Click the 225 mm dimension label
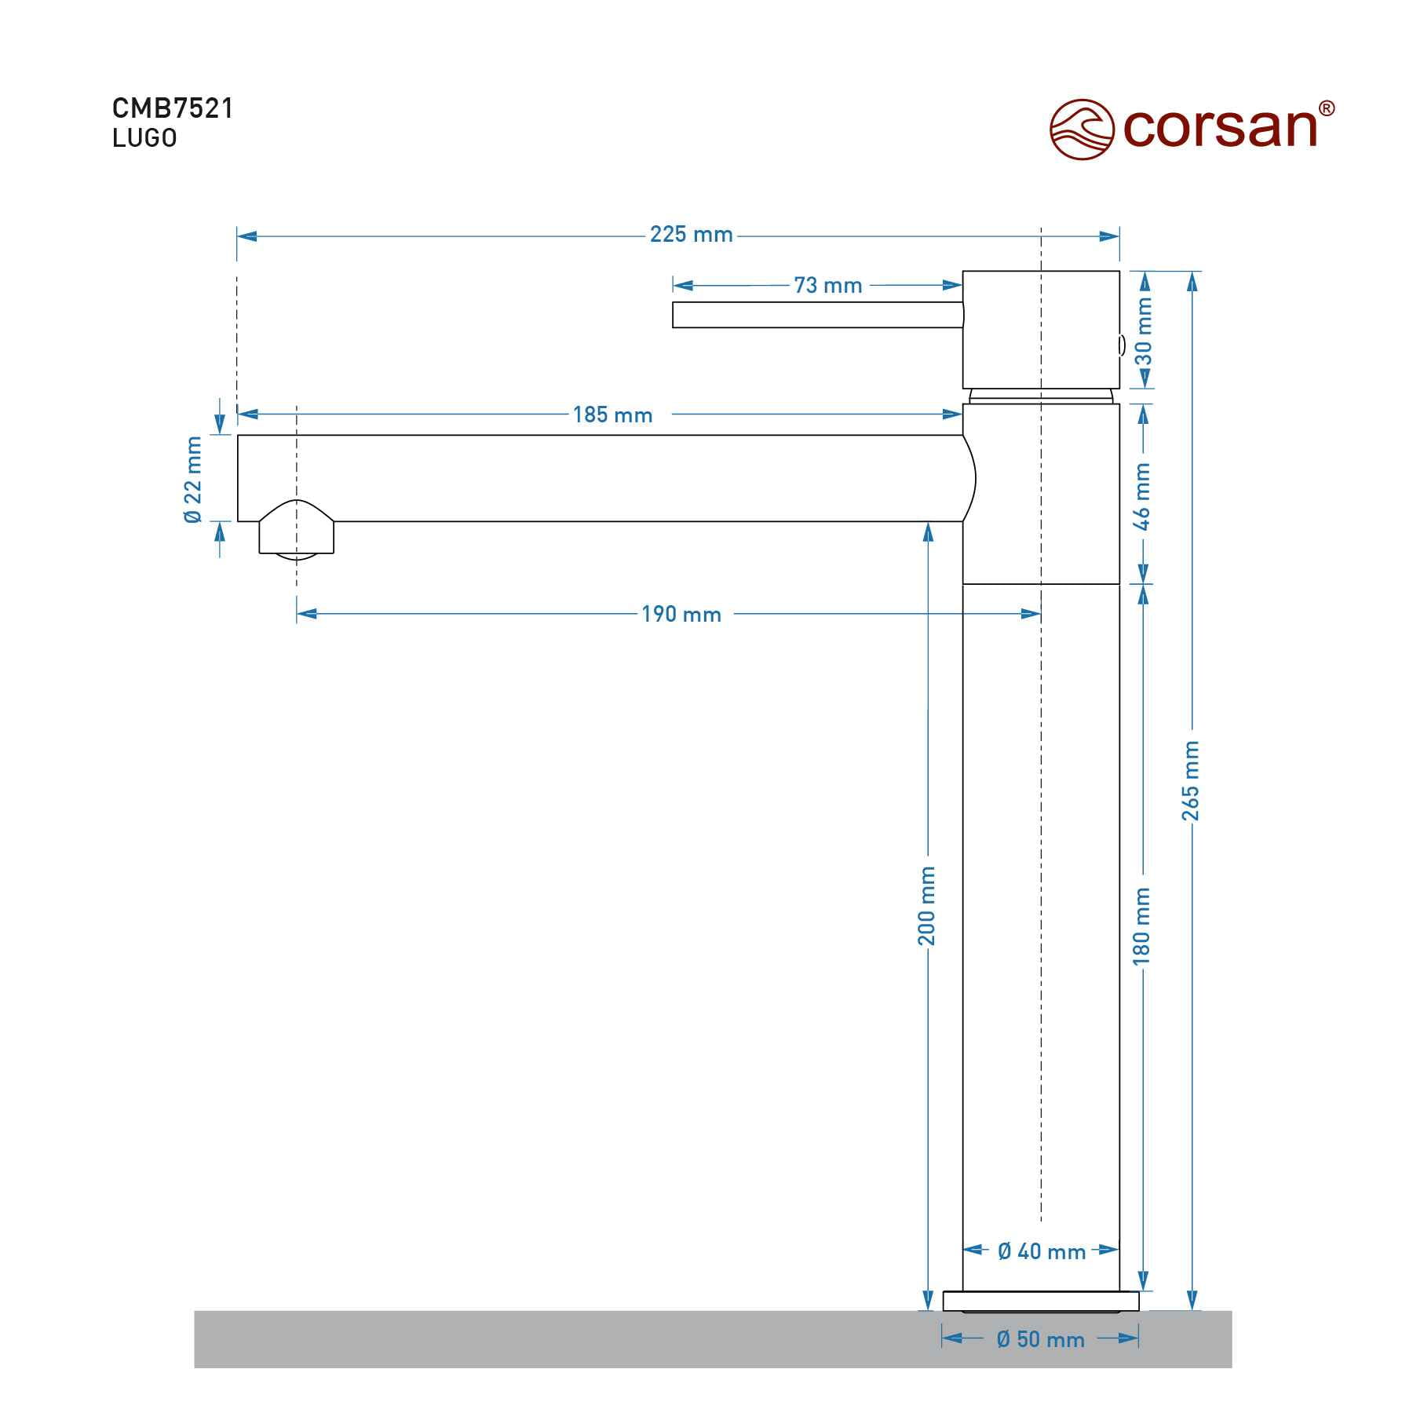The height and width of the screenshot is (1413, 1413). (x=691, y=235)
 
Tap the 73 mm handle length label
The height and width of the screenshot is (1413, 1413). (x=827, y=286)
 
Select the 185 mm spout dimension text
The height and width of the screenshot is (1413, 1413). (x=612, y=414)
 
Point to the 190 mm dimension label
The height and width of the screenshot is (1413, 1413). (x=681, y=614)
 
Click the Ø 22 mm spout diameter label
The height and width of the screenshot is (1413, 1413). (x=193, y=479)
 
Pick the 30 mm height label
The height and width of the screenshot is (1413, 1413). (x=1144, y=331)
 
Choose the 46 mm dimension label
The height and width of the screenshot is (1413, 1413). (x=1142, y=496)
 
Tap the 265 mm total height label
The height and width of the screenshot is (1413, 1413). (x=1191, y=780)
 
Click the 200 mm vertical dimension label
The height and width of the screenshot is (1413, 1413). (x=927, y=905)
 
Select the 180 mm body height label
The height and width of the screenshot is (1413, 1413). (x=1142, y=926)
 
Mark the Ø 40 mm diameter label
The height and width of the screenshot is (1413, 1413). (x=1041, y=1251)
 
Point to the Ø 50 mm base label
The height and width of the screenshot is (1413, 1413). (x=1040, y=1339)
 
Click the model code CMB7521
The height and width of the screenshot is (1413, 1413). (x=173, y=108)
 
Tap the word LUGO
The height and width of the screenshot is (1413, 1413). (x=144, y=138)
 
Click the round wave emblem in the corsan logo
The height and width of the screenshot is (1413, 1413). (x=1082, y=129)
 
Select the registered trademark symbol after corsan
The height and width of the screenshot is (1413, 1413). (x=1326, y=108)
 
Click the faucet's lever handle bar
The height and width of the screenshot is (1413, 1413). (x=816, y=315)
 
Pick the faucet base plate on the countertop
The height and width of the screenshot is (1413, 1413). (x=1040, y=1301)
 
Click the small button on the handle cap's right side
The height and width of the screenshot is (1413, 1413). (x=1122, y=345)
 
